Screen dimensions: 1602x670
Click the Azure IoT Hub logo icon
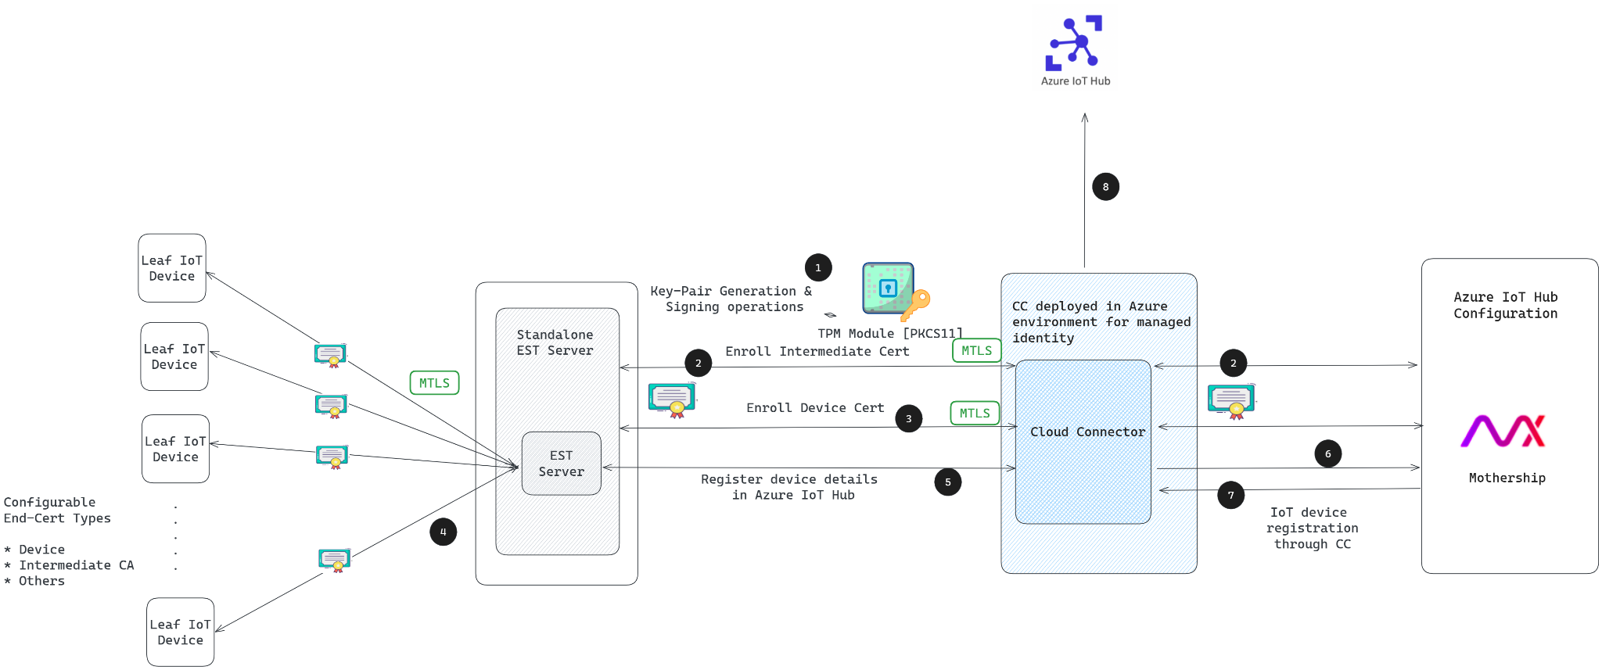[1074, 42]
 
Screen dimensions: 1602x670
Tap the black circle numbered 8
[1105, 187]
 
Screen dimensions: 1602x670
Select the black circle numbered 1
[818, 267]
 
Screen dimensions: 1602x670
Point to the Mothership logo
[1503, 431]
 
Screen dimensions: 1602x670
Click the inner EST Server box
[562, 464]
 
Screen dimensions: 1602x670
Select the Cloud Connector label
[1087, 432]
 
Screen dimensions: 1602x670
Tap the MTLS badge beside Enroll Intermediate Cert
[977, 350]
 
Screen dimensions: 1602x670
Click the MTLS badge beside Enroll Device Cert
[975, 413]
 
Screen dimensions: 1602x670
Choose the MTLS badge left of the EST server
[434, 382]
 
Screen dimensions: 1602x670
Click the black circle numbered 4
[443, 532]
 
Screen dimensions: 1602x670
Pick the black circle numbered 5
[948, 482]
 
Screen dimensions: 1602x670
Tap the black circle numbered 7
[1231, 495]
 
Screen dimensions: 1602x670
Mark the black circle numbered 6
[1328, 453]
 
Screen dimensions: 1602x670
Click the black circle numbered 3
[908, 418]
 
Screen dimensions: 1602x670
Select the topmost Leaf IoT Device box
[172, 268]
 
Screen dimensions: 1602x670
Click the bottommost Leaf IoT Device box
[181, 632]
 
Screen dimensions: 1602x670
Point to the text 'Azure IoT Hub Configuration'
[1506, 305]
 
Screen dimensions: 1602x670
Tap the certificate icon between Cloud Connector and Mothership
[1231, 401]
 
